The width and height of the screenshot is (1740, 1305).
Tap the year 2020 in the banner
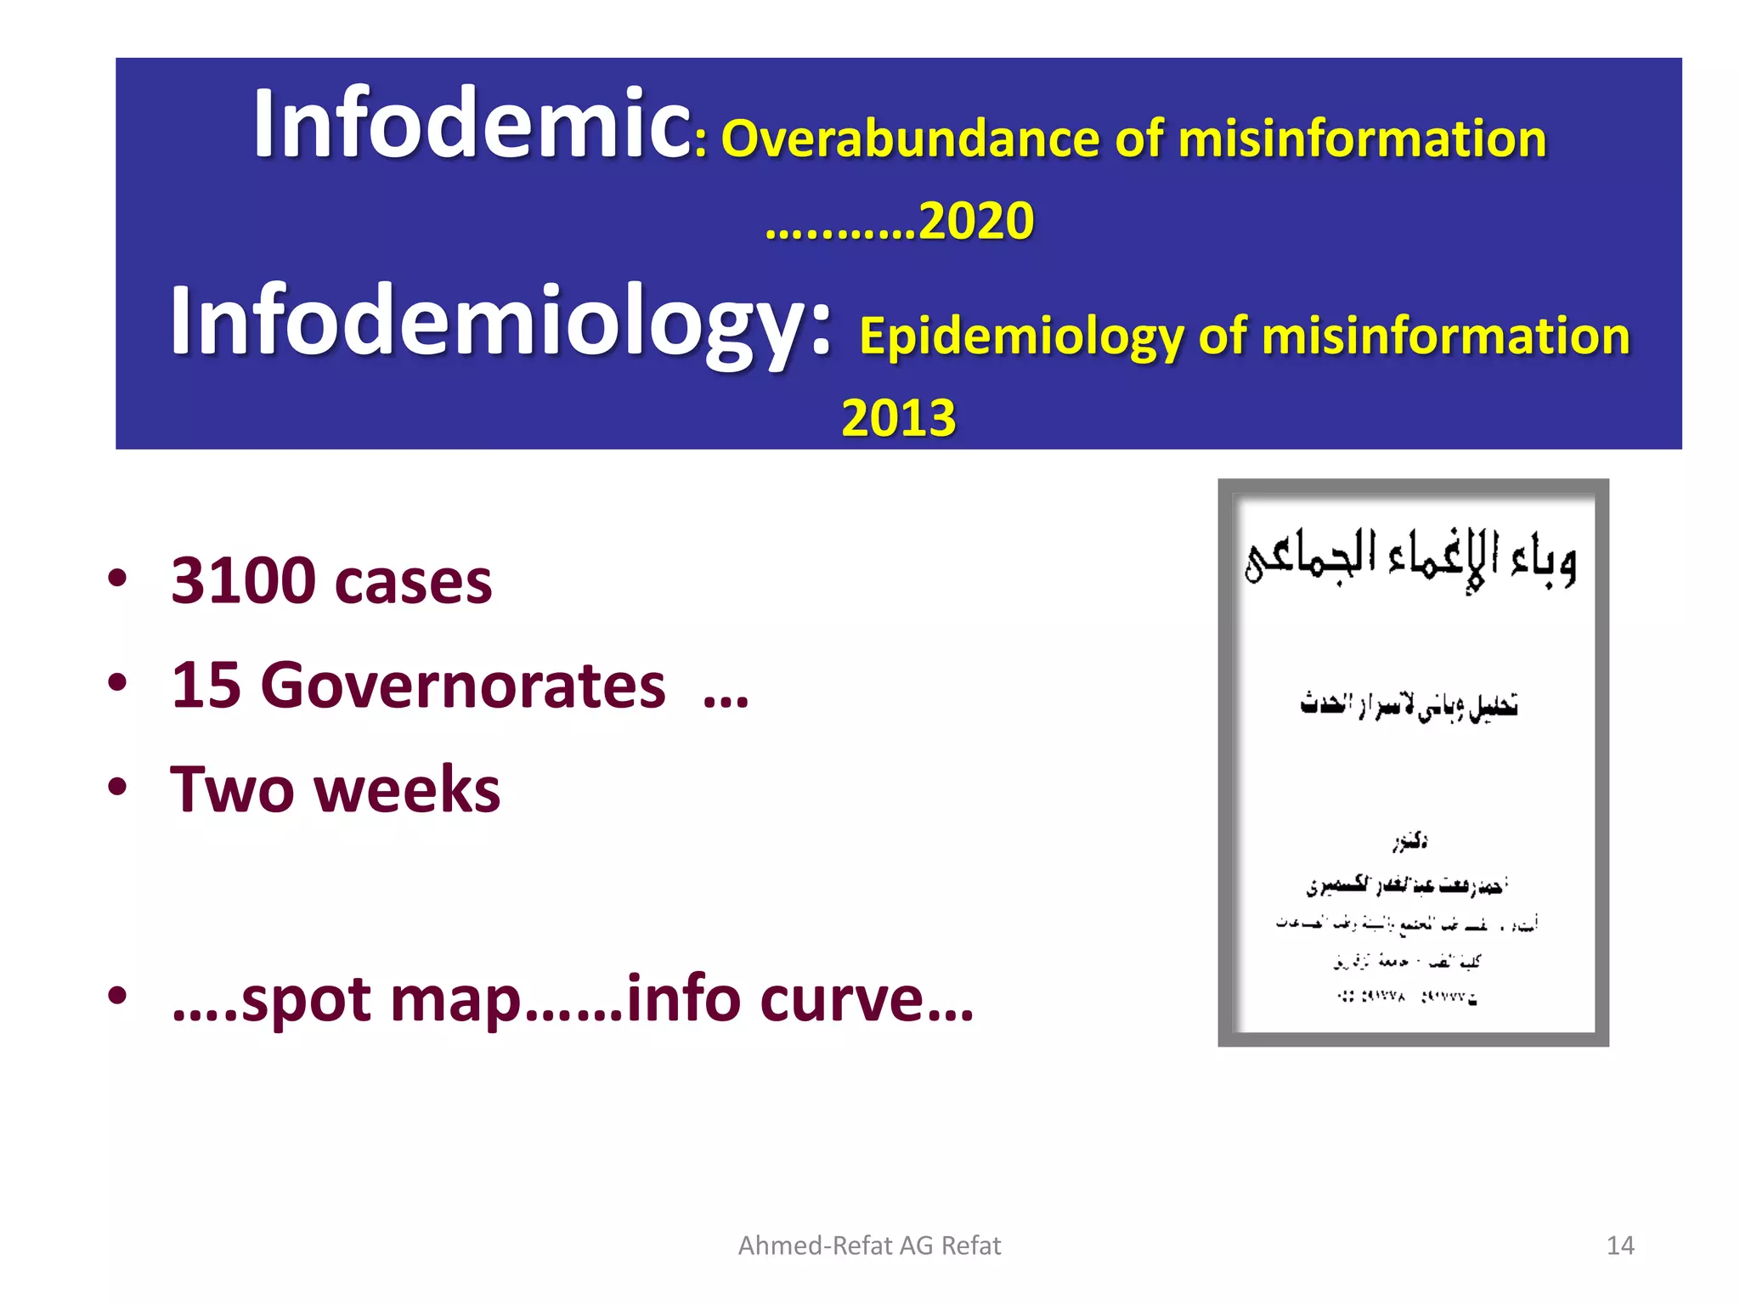pos(976,222)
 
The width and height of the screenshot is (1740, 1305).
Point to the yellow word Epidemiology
pos(1020,336)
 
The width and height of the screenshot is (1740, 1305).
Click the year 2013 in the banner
pos(898,418)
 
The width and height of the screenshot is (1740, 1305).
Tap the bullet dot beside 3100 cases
pos(117,579)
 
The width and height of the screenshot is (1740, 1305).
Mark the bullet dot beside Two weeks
pos(117,788)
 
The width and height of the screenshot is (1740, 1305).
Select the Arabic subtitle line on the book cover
pos(1409,705)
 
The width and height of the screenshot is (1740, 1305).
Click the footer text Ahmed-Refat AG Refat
pos(869,1246)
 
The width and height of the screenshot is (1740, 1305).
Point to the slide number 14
pos(1620,1246)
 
